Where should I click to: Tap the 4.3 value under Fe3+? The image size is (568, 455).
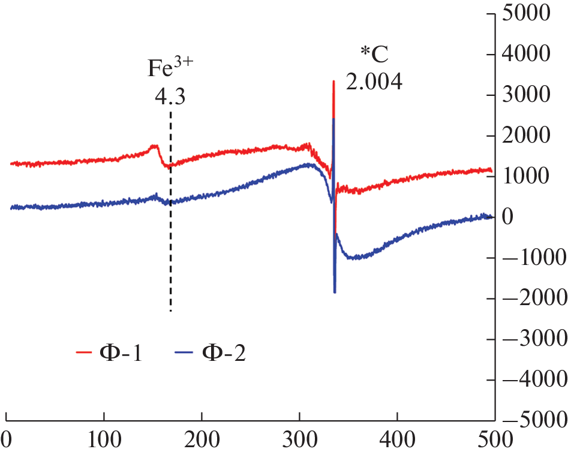click(170, 96)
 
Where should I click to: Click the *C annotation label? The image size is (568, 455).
click(374, 55)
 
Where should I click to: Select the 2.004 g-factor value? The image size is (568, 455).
click(374, 82)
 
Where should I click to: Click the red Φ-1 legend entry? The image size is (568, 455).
click(109, 352)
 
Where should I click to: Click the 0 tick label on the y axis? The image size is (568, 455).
click(508, 217)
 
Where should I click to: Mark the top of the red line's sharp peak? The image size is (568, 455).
click(333, 82)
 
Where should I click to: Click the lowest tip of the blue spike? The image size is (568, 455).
click(335, 292)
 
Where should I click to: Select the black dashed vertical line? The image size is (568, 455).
click(171, 240)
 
